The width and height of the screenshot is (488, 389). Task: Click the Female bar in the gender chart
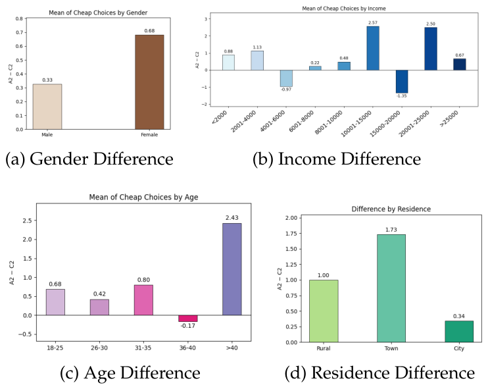[149, 82]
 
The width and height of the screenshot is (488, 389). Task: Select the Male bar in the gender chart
[47, 107]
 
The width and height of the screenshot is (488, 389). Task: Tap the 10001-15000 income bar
[373, 48]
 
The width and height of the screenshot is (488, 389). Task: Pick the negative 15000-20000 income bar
[402, 82]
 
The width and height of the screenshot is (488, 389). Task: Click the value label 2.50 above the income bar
[431, 24]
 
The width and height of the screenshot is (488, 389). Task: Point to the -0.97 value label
[286, 90]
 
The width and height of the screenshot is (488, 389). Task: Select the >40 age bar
[232, 269]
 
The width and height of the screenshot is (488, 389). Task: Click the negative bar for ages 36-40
[187, 319]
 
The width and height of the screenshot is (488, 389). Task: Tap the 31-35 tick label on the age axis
[143, 348]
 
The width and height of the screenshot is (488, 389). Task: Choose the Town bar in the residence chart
[391, 288]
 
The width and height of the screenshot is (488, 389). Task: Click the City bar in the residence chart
[459, 331]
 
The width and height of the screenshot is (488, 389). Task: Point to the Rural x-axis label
[324, 348]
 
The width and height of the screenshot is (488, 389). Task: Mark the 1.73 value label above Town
[391, 230]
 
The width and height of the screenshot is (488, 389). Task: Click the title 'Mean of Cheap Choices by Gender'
[98, 13]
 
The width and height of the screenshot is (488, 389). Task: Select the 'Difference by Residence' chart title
[391, 209]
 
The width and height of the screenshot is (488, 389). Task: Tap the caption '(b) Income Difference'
[337, 159]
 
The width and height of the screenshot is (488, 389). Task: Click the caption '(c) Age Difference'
[130, 373]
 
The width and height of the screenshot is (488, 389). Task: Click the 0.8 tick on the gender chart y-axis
[20, 18]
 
